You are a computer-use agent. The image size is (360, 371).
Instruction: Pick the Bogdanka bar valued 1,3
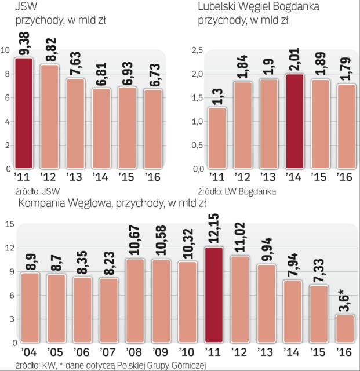[217, 138]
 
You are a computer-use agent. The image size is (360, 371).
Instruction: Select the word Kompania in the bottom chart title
[42, 202]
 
